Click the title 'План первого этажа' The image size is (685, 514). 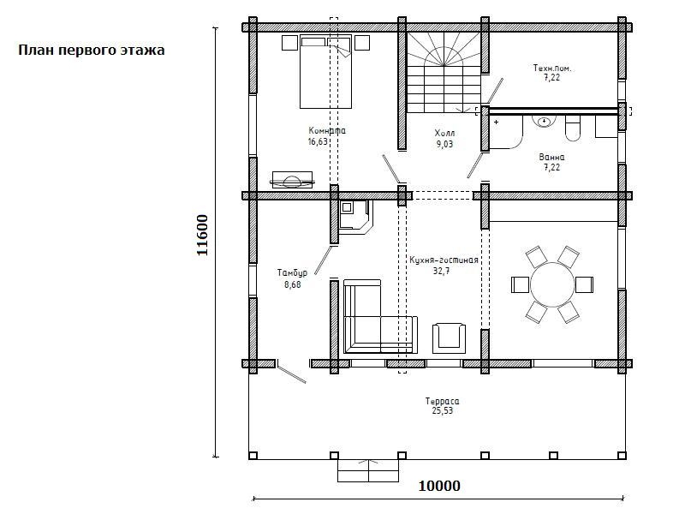(x=92, y=51)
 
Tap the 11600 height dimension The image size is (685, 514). (x=202, y=235)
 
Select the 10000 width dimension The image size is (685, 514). (x=439, y=486)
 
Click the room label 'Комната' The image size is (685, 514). (x=327, y=131)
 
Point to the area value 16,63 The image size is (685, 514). (x=318, y=141)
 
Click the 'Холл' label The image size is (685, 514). (x=444, y=133)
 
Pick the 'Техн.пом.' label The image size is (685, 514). (x=552, y=69)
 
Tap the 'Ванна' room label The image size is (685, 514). (x=551, y=157)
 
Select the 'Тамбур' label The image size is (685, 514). (x=292, y=272)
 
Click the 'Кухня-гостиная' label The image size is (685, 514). (x=444, y=260)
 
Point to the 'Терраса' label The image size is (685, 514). (x=442, y=401)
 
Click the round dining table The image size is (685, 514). (x=552, y=284)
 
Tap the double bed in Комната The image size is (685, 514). (x=325, y=72)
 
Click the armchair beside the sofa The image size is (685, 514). (x=449, y=338)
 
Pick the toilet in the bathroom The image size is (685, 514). (x=573, y=128)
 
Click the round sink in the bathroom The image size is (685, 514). (x=544, y=121)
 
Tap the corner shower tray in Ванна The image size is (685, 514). (x=507, y=132)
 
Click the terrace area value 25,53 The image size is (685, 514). (x=443, y=411)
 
